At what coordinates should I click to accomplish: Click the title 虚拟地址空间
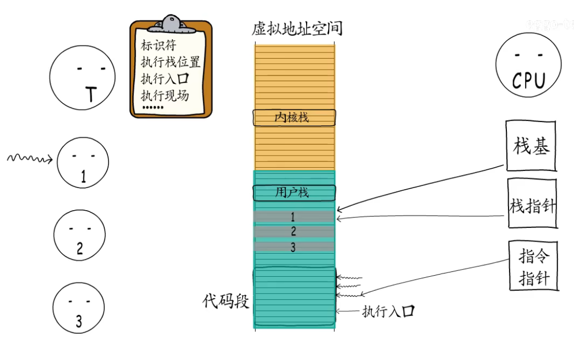297,28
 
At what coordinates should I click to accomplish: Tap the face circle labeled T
82,77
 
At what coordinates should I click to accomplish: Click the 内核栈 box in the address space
294,118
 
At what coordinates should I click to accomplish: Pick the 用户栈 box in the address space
294,193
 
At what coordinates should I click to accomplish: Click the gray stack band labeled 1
294,216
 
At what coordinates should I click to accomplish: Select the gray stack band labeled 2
294,231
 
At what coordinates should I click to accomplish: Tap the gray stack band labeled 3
294,247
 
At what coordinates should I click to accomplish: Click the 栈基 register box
531,146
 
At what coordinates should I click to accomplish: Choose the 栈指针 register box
532,204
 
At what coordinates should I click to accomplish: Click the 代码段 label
226,301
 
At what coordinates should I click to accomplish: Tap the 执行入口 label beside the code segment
388,312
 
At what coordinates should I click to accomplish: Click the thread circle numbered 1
83,162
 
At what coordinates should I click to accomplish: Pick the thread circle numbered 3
79,307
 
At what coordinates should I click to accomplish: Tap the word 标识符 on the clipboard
159,46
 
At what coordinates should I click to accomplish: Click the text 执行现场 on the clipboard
165,96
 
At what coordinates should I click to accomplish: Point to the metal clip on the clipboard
170,23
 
